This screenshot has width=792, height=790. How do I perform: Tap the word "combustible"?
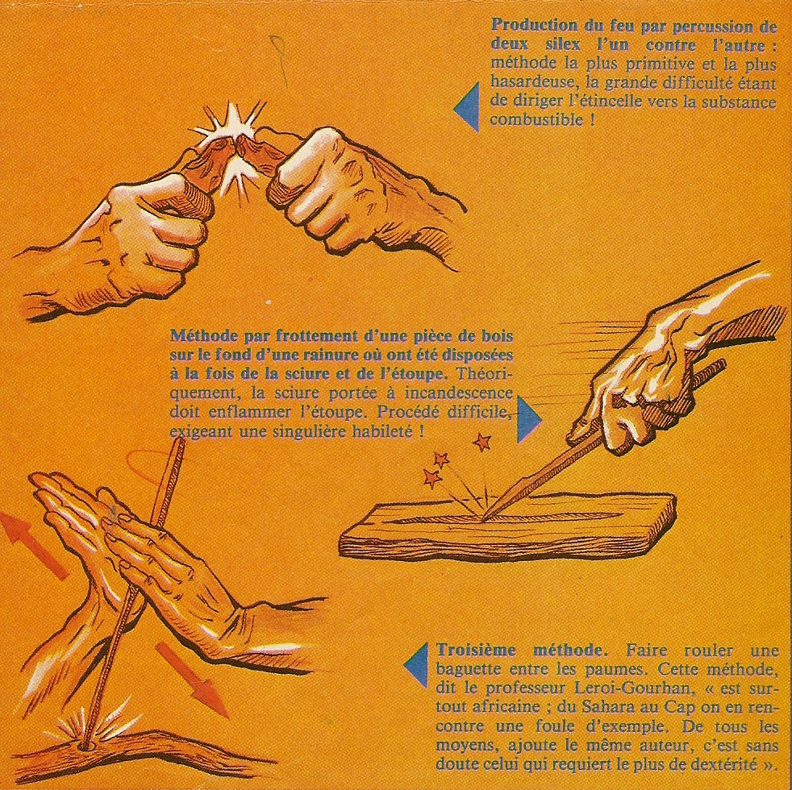tap(536, 120)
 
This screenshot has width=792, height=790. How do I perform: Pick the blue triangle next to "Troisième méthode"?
tap(417, 665)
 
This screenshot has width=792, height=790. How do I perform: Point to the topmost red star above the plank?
tap(481, 442)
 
